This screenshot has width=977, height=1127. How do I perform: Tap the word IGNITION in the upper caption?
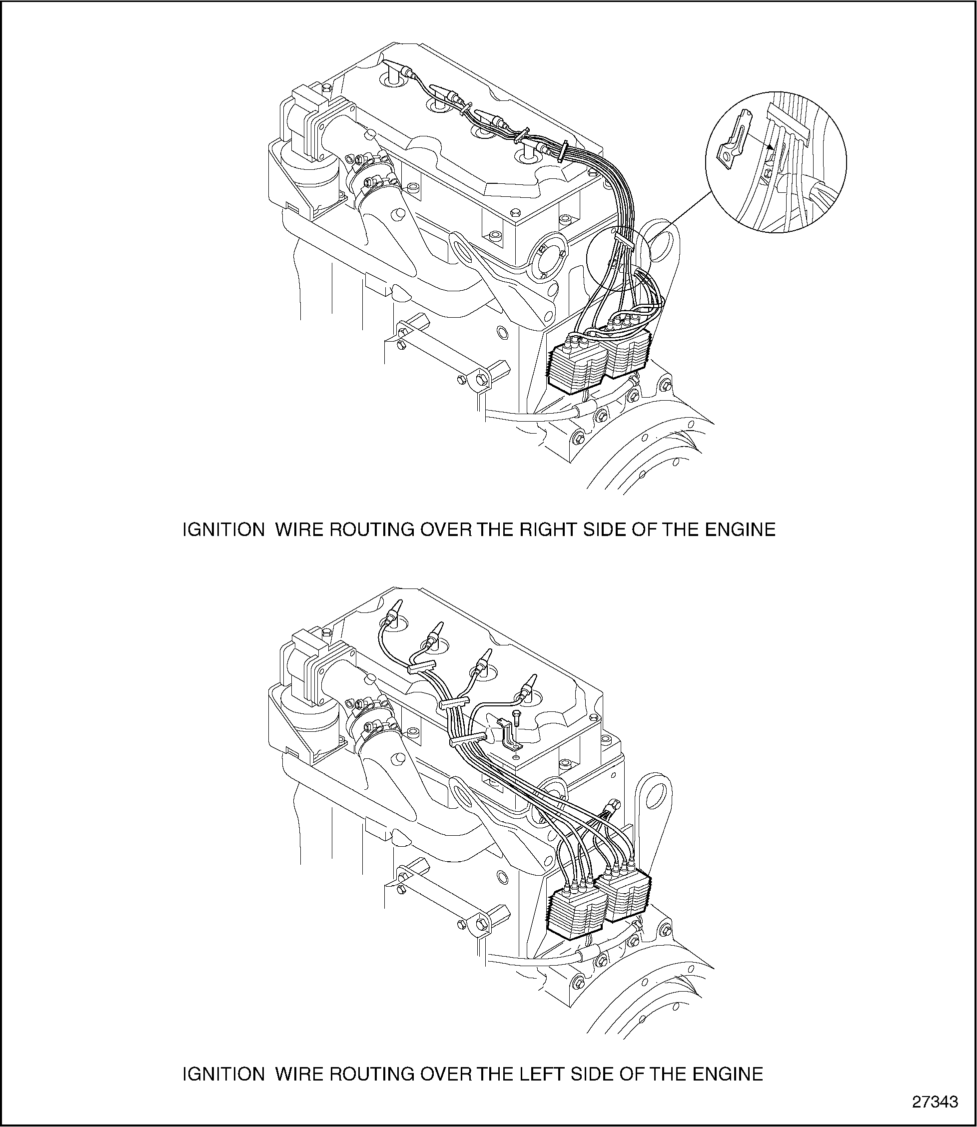[223, 530]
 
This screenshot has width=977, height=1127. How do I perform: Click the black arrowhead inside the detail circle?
[769, 147]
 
